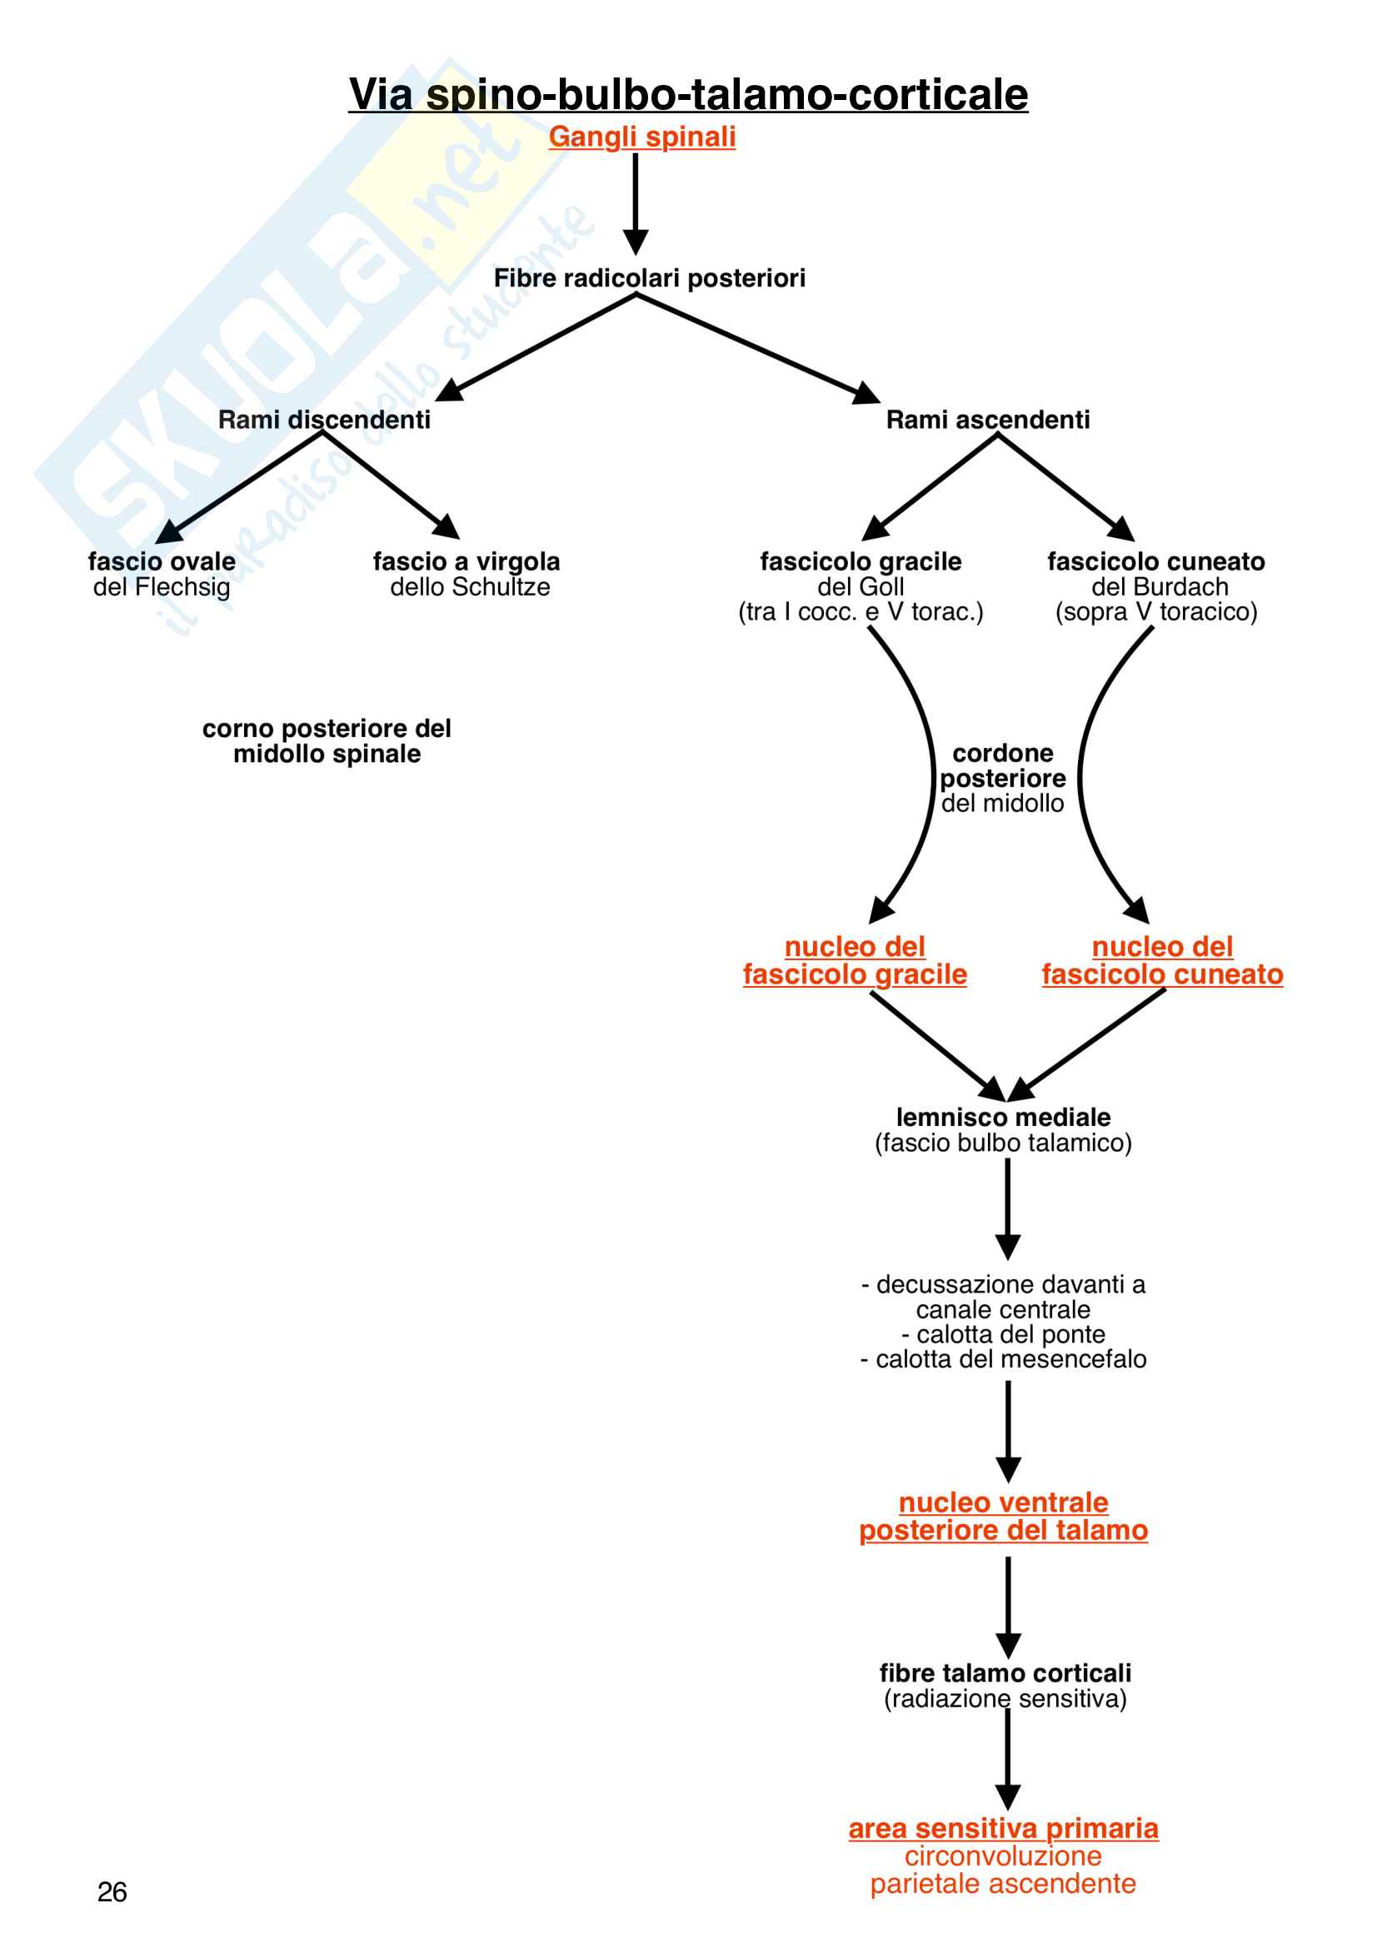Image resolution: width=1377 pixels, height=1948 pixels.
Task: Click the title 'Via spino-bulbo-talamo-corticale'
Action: click(688, 94)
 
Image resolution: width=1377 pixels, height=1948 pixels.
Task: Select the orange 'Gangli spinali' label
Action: click(641, 137)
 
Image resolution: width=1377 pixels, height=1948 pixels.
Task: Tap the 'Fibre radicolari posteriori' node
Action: click(649, 278)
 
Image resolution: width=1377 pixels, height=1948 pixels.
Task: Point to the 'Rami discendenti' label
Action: click(324, 420)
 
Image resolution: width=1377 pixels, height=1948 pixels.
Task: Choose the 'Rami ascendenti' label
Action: click(988, 420)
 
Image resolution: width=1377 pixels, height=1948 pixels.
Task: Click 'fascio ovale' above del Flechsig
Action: click(162, 561)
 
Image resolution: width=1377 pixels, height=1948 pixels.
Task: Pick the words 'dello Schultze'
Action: click(470, 587)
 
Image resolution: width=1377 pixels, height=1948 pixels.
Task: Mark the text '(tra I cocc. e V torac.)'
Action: click(861, 612)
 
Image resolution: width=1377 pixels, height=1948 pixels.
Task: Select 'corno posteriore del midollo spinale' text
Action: click(327, 740)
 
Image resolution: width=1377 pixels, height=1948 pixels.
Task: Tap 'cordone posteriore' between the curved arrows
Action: click(1003, 766)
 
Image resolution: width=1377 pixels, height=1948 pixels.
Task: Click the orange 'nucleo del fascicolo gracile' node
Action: click(855, 960)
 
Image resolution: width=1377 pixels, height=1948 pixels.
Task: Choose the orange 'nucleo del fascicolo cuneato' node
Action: click(1162, 960)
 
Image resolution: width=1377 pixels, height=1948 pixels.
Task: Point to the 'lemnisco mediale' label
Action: click(1003, 1118)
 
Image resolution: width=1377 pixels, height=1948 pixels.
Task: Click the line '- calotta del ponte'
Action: click(1003, 1334)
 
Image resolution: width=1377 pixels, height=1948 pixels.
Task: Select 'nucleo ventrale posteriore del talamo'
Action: click(1003, 1516)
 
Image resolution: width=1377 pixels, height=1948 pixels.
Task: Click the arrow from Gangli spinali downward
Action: click(636, 203)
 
